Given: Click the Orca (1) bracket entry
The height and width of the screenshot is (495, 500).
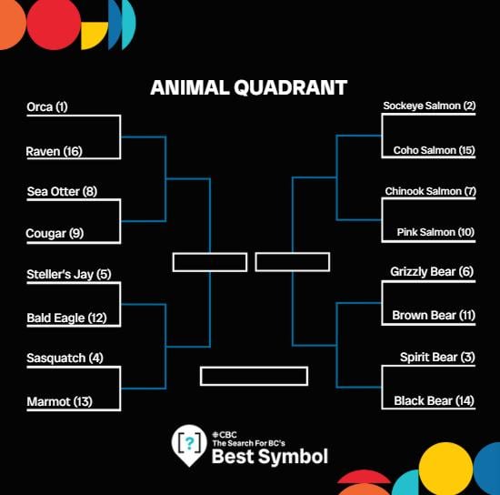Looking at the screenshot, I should click(x=48, y=107).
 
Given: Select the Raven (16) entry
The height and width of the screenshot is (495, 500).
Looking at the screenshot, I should click(x=55, y=151).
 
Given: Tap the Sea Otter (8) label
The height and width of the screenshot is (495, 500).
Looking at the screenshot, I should click(x=62, y=192).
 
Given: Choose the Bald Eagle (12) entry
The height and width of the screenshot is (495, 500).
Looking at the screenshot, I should click(x=66, y=318).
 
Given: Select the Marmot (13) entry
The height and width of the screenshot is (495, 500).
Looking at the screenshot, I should click(x=59, y=401).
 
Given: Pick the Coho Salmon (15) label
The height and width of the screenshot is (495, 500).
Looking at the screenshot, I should click(x=435, y=151).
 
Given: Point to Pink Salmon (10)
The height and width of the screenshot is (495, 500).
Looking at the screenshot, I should click(x=435, y=234).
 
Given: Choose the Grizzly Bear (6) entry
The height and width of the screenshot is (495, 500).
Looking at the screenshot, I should click(x=433, y=272).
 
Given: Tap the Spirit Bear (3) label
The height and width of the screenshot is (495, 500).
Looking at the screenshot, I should click(x=437, y=358).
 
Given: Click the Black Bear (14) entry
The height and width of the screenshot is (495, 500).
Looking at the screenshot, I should click(x=435, y=400).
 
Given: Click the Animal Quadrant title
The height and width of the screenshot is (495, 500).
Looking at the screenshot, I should click(x=248, y=88).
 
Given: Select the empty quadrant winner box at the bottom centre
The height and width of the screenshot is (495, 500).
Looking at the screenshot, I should click(x=254, y=376).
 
